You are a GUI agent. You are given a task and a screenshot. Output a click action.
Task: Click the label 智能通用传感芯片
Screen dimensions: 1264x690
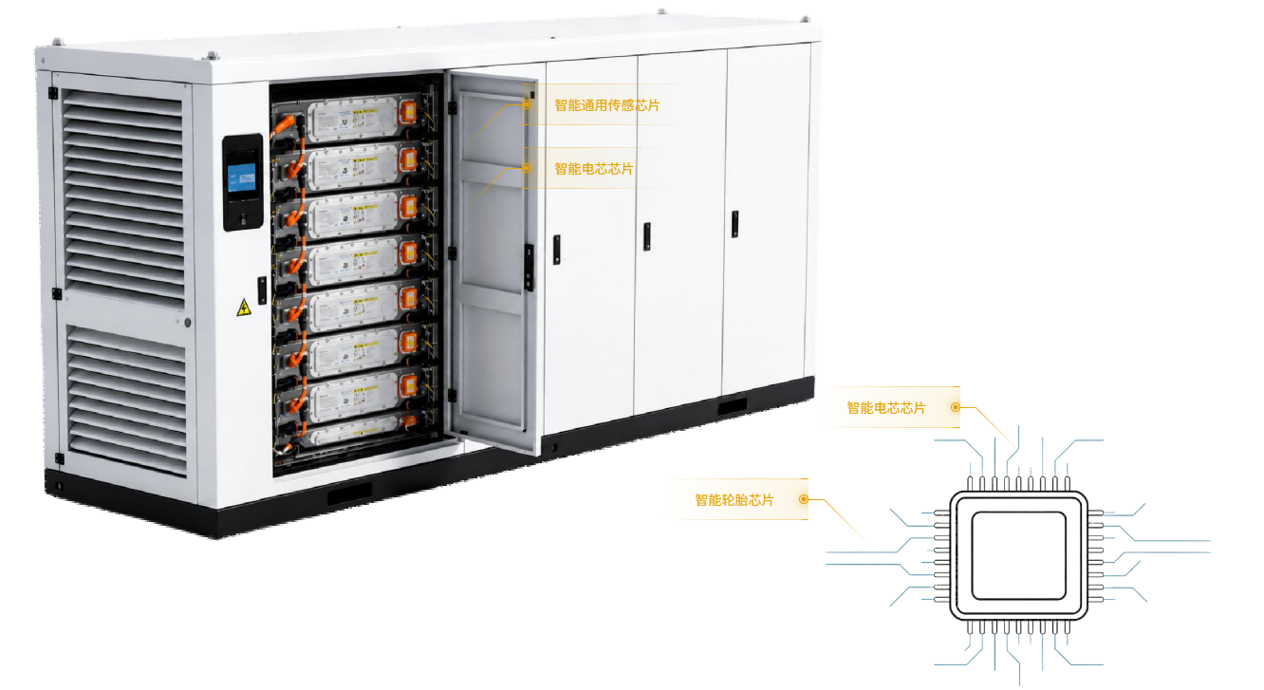coord(606,105)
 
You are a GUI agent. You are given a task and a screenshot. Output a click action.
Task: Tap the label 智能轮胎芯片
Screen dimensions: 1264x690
coord(734,500)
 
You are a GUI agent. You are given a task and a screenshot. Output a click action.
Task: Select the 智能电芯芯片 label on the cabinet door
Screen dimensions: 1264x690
coord(594,169)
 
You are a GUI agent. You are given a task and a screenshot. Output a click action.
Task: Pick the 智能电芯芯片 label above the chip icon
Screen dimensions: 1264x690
coord(886,408)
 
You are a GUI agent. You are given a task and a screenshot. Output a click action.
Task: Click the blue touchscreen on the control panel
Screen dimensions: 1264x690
coord(241,178)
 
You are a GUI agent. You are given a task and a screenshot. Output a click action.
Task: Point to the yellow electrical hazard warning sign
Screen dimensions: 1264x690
coord(243,308)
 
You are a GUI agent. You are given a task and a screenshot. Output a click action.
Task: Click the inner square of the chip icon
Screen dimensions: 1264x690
coord(1018,556)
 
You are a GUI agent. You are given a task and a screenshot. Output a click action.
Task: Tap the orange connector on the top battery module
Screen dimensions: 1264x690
coord(407,112)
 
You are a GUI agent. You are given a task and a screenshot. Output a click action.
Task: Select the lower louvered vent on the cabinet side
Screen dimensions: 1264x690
coord(127,400)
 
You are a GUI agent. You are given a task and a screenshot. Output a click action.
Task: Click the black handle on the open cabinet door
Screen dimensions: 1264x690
coord(529,267)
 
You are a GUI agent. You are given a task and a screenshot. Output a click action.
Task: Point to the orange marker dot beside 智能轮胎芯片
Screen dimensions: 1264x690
coord(804,499)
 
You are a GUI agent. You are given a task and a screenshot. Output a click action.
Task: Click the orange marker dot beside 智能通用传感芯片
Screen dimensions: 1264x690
coord(527,104)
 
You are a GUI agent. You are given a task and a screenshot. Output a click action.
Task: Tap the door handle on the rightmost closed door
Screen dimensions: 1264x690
coord(734,223)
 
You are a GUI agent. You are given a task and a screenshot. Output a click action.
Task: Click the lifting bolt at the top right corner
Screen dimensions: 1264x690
coord(804,19)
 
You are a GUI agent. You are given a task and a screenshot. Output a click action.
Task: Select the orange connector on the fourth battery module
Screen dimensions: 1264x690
coord(408,252)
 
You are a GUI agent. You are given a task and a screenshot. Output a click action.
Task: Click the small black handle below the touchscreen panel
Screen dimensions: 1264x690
coord(262,290)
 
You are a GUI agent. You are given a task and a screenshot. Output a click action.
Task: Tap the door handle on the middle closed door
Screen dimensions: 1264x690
coord(646,236)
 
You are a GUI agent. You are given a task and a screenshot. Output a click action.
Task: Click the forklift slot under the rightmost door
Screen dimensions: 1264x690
coord(732,406)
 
